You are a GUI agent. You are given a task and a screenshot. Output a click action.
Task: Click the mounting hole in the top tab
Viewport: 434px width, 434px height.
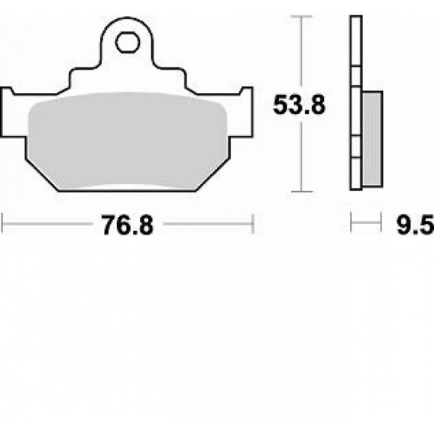tap(128, 42)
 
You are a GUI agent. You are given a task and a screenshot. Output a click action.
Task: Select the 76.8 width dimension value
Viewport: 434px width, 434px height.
tap(127, 225)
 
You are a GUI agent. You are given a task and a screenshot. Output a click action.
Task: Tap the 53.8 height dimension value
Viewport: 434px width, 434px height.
tap(299, 105)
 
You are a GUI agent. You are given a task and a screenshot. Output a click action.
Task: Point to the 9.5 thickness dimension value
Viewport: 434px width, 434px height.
tap(415, 225)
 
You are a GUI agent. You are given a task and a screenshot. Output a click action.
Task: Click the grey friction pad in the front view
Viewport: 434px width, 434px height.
tap(128, 141)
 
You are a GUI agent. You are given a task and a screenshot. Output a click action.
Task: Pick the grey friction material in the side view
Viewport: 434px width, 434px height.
tap(372, 139)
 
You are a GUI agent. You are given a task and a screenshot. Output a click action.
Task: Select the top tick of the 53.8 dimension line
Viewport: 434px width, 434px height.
tap(301, 17)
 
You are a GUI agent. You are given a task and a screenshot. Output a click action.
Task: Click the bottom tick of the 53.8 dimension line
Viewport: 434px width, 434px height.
tap(302, 191)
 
